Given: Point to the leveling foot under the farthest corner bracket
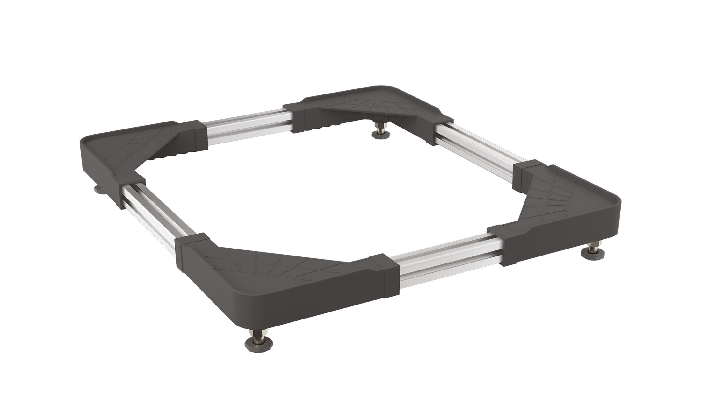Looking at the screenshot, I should pyautogui.click(x=381, y=131).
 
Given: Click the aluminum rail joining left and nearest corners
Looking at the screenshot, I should pyautogui.click(x=153, y=212).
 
